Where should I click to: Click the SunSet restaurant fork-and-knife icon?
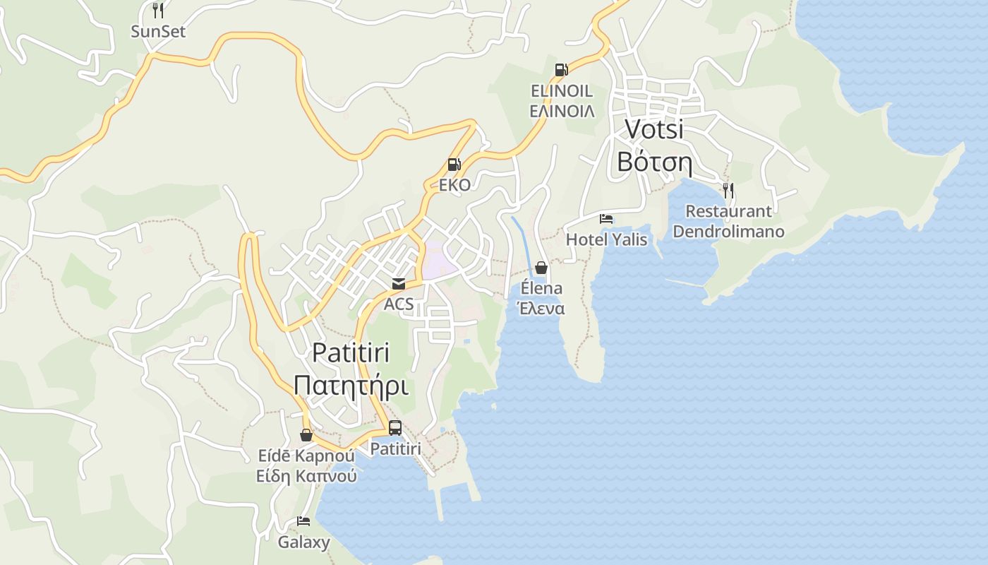point(158,10)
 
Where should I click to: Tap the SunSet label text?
point(158,31)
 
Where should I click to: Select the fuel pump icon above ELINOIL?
point(562,69)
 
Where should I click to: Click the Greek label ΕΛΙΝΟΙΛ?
point(562,112)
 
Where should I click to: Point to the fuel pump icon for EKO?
point(454,165)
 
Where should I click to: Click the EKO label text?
point(454,185)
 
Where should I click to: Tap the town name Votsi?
point(654,129)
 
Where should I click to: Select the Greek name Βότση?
point(654,162)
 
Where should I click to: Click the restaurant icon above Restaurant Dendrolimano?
point(728,190)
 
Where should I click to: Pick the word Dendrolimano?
point(728,232)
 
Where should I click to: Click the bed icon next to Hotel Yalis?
point(606,219)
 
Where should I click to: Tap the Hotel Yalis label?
point(606,239)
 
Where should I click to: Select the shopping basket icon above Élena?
point(541,268)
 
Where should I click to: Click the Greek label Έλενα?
point(541,309)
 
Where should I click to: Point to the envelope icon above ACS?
point(399,284)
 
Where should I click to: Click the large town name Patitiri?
point(351,352)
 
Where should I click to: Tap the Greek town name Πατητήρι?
point(351,386)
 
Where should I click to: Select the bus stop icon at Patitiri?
point(395,427)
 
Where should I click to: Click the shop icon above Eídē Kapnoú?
point(306,435)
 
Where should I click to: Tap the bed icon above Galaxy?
point(303,521)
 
